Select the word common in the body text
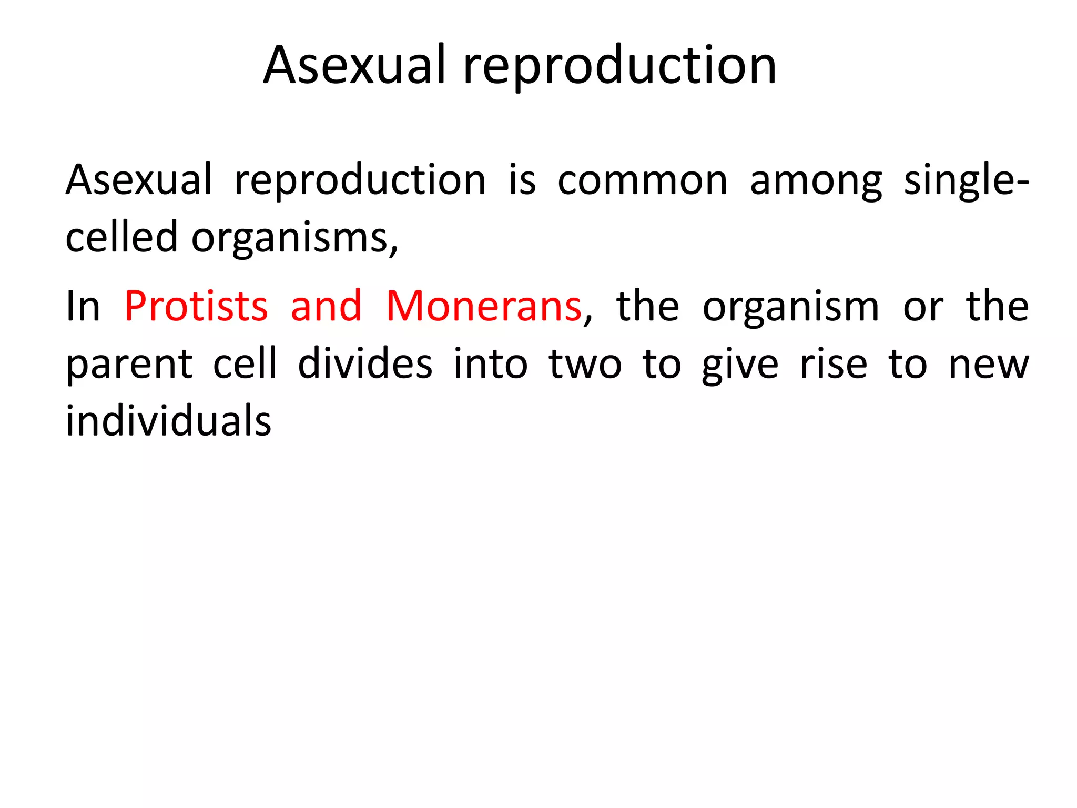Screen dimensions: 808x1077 (x=642, y=180)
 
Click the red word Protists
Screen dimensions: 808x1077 (x=196, y=307)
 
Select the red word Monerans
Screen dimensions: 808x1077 (x=484, y=307)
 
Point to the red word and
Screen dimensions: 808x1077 (x=326, y=307)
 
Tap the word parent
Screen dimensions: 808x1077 (x=129, y=365)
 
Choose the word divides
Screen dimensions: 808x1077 (x=365, y=365)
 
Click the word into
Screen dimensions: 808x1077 (x=490, y=365)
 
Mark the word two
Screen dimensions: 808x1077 (x=585, y=365)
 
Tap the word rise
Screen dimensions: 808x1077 (x=833, y=365)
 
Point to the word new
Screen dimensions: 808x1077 (x=989, y=365)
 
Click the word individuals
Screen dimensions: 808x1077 (x=168, y=422)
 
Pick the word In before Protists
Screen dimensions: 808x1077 (x=83, y=307)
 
